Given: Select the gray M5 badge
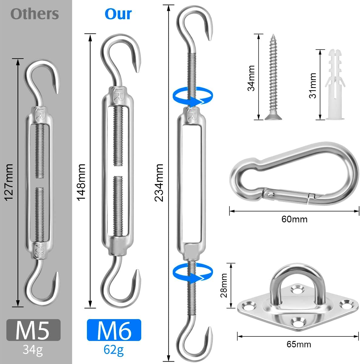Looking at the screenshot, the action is pos(33,330).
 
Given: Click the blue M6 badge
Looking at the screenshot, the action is pos(114,330).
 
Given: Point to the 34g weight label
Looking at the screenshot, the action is pos(33,349).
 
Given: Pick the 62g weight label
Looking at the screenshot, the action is pos(113,349).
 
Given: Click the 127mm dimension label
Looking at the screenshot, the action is pos(9,182).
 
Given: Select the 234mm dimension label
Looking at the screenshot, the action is pos(158,183).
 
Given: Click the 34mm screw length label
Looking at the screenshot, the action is pos(251,78).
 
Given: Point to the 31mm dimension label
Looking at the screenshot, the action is pos(312,86).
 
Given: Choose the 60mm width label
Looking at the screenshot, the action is pos(294,219).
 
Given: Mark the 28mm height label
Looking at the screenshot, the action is pos(224,285).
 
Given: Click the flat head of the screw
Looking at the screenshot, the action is pos(273,117).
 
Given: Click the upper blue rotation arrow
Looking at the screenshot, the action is pos(193,97).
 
